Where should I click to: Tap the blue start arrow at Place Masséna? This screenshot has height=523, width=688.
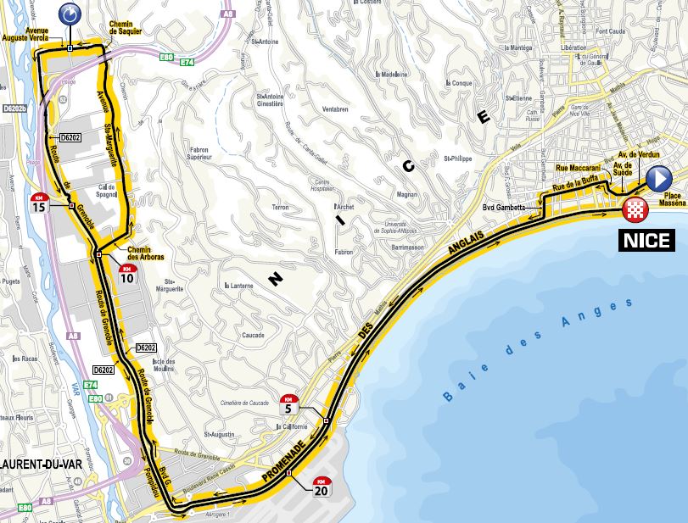[x=659, y=178]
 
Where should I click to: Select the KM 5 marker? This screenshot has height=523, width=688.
[x=291, y=404]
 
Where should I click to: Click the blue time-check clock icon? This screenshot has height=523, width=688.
[x=70, y=14]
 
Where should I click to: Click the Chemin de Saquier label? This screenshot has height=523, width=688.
[x=126, y=27]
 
